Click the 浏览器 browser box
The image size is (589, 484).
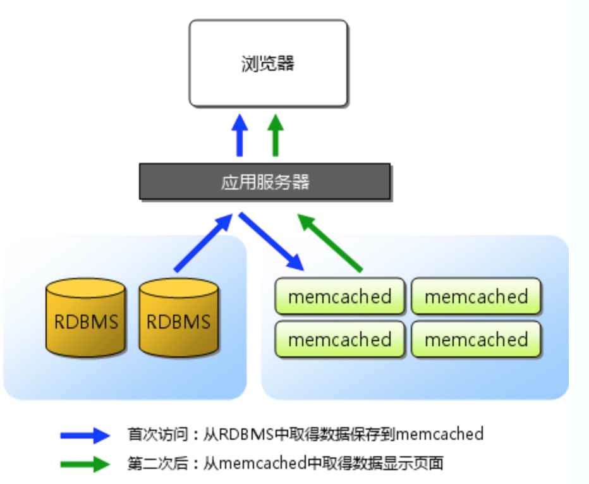pos(268,63)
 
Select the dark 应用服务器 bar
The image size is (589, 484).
pos(265,181)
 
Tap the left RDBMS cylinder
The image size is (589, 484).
pos(86,318)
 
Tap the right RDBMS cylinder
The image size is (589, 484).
pos(178,318)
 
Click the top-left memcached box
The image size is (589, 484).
pos(339,296)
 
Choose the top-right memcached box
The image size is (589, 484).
pos(476,296)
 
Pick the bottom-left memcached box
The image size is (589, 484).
pos(339,339)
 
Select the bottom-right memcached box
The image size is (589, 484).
pos(476,339)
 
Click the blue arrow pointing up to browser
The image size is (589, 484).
pos(240,135)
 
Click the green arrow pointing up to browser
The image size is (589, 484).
pos(276,135)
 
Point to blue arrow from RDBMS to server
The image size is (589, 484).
pos(203,243)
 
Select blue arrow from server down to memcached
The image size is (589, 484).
pos(271,241)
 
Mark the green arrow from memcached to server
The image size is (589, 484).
pos(330,243)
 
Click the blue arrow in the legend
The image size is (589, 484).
pos(85,435)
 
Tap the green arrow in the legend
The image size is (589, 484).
pos(85,464)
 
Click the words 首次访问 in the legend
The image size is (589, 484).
pos(157,435)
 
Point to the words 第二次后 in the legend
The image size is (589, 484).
pos(157,463)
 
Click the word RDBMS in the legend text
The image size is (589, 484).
pos(246,435)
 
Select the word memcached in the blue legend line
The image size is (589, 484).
pos(439,435)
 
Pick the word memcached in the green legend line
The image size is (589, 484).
pos(262,463)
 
